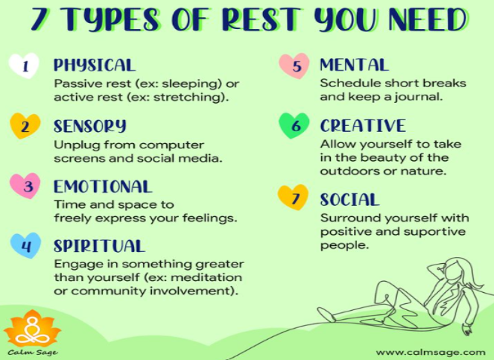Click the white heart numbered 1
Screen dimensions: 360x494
[25, 67]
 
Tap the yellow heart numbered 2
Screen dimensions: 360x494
[25, 127]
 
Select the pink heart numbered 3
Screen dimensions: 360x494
[25, 186]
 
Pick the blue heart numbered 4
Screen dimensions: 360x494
[25, 246]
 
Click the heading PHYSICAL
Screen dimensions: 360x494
[94, 66]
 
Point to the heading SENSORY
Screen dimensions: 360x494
[89, 125]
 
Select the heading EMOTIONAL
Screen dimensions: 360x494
[102, 186]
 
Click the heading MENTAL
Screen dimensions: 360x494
[354, 66]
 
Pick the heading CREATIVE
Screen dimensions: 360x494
[362, 125]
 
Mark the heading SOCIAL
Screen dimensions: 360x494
[349, 199]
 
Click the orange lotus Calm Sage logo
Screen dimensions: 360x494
[32, 329]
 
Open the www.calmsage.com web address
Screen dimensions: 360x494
[429, 352]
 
